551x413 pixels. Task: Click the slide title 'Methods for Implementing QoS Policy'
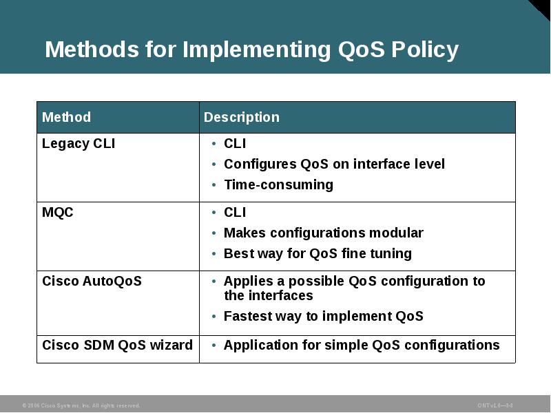point(251,50)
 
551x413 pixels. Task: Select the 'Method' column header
point(66,117)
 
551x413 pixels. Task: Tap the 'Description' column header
point(242,117)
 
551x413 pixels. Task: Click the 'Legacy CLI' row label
point(79,144)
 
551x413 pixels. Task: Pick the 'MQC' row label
point(58,213)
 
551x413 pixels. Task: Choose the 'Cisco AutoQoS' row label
point(92,281)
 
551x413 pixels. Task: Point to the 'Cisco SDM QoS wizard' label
point(117,345)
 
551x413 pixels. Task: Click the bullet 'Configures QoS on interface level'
point(334,164)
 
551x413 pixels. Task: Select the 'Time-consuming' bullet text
point(278,184)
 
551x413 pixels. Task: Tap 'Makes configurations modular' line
point(323,233)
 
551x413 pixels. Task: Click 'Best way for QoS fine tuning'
point(318,253)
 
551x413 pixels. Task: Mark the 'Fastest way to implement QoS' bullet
point(323,316)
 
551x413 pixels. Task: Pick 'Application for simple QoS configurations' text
point(362,345)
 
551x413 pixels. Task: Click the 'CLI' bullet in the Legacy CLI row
point(235,144)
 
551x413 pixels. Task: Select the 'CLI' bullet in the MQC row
point(235,213)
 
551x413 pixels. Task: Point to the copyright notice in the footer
point(81,405)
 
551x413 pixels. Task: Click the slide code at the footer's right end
point(495,405)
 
